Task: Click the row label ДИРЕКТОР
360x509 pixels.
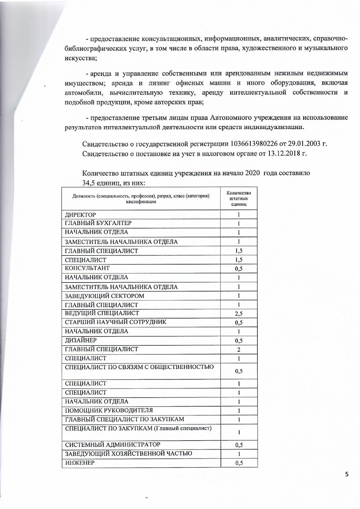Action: (80, 215)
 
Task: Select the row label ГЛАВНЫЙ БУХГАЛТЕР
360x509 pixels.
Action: (98, 223)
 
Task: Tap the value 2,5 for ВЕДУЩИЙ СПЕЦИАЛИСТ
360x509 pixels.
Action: (239, 314)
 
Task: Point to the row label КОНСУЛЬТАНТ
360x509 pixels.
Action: (87, 268)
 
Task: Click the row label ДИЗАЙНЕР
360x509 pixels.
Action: (81, 340)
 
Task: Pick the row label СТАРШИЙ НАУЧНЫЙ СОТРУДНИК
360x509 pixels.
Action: (116, 322)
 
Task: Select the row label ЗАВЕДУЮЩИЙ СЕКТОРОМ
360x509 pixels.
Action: (104, 296)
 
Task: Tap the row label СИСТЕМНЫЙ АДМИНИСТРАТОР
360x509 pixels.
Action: (112, 445)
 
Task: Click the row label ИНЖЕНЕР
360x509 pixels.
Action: (80, 463)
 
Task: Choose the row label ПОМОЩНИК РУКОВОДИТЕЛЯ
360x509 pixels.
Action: (109, 410)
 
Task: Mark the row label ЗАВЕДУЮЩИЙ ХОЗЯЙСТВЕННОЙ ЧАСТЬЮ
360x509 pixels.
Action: (128, 453)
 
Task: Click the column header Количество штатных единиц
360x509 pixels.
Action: (239, 198)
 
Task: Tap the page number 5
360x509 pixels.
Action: (347, 475)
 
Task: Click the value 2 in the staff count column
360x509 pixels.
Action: (239, 350)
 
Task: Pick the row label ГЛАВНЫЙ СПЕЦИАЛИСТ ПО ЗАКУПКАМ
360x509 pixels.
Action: (124, 419)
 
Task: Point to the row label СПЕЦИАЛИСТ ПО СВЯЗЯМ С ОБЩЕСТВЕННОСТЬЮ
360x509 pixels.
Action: (139, 367)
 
